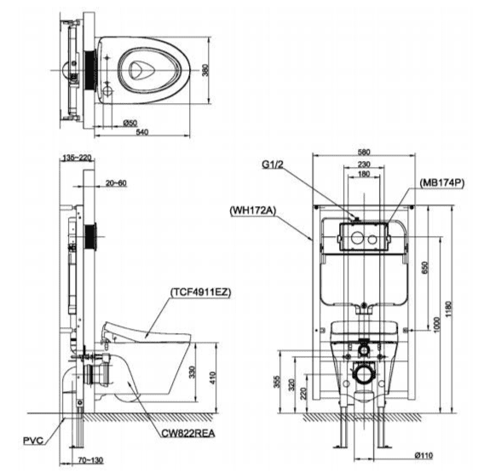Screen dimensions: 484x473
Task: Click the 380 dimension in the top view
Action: [205, 70]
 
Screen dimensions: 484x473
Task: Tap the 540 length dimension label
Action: [142, 132]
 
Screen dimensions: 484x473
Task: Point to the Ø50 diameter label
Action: [130, 123]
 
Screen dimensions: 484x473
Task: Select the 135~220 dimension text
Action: [77, 158]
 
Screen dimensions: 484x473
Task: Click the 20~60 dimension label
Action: [116, 183]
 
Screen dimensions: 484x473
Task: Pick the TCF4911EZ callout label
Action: [200, 292]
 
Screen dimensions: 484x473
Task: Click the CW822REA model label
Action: [188, 433]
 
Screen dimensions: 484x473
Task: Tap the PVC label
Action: [33, 441]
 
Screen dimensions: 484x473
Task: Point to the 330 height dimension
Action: [192, 372]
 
